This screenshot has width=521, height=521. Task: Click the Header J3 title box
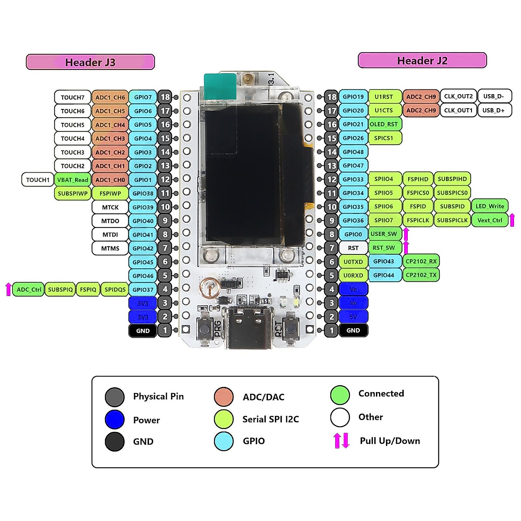pos(90,62)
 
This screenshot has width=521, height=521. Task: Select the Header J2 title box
pos(422,61)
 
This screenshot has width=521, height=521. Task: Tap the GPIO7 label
pos(143,97)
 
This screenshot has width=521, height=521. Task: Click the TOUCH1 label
pos(38,180)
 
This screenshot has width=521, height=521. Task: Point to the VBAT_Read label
pos(73,180)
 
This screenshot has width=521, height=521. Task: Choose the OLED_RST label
pos(384,124)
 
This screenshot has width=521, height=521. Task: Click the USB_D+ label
pos(494,110)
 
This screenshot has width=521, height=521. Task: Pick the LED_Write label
pos(490,206)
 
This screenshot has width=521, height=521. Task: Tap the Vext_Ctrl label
pos(490,220)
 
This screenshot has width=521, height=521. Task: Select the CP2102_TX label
pos(421,275)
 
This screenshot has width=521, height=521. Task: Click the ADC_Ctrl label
pos(29,290)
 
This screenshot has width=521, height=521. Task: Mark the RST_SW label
pos(384,248)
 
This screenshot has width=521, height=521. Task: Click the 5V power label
pos(353,317)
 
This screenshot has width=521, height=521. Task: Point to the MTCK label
pos(110,207)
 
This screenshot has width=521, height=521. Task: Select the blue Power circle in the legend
pos(115,420)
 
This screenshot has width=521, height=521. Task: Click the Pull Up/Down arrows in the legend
pos(341,441)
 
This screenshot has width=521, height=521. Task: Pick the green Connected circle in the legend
pos(340,395)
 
